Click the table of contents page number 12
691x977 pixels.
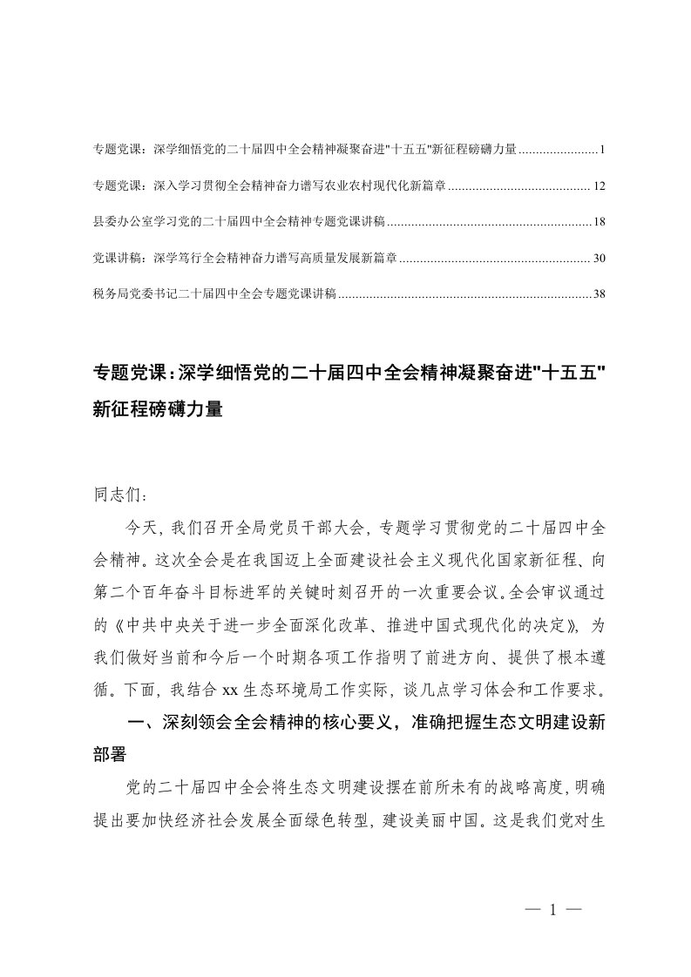tap(598, 186)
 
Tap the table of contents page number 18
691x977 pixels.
tap(598, 223)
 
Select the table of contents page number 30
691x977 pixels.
tap(598, 259)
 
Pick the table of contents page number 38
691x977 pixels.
tap(598, 295)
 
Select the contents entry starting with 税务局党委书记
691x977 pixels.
tap(214, 295)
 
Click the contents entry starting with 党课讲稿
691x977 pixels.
tap(245, 259)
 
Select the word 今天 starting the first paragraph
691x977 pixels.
tap(141, 526)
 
